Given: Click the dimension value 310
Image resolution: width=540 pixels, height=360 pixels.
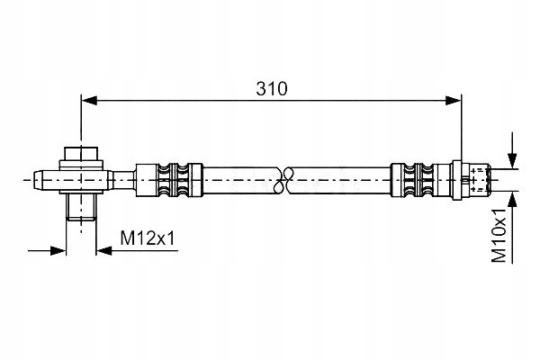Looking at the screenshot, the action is coord(271,88).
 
